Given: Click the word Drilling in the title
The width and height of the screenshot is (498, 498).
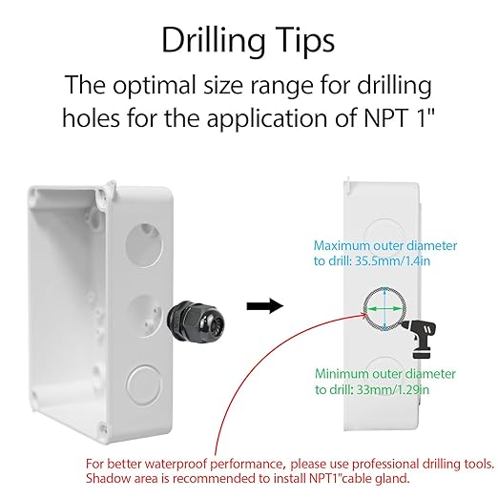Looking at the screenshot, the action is (213, 41).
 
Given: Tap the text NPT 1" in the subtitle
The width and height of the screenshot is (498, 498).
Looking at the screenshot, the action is (400, 117).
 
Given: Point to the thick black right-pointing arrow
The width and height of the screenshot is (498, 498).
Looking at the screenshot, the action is (265, 306).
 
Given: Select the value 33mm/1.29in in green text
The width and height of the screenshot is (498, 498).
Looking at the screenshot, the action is (393, 389).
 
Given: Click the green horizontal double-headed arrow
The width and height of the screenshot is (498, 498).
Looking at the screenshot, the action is (384, 308).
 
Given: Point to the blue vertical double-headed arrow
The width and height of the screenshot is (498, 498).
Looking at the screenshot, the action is (385, 309).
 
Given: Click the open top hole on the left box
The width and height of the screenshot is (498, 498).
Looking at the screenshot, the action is (144, 244).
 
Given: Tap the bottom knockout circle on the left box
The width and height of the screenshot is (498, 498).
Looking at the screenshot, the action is (144, 384).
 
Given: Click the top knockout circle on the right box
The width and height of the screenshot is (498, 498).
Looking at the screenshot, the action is (384, 235).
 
